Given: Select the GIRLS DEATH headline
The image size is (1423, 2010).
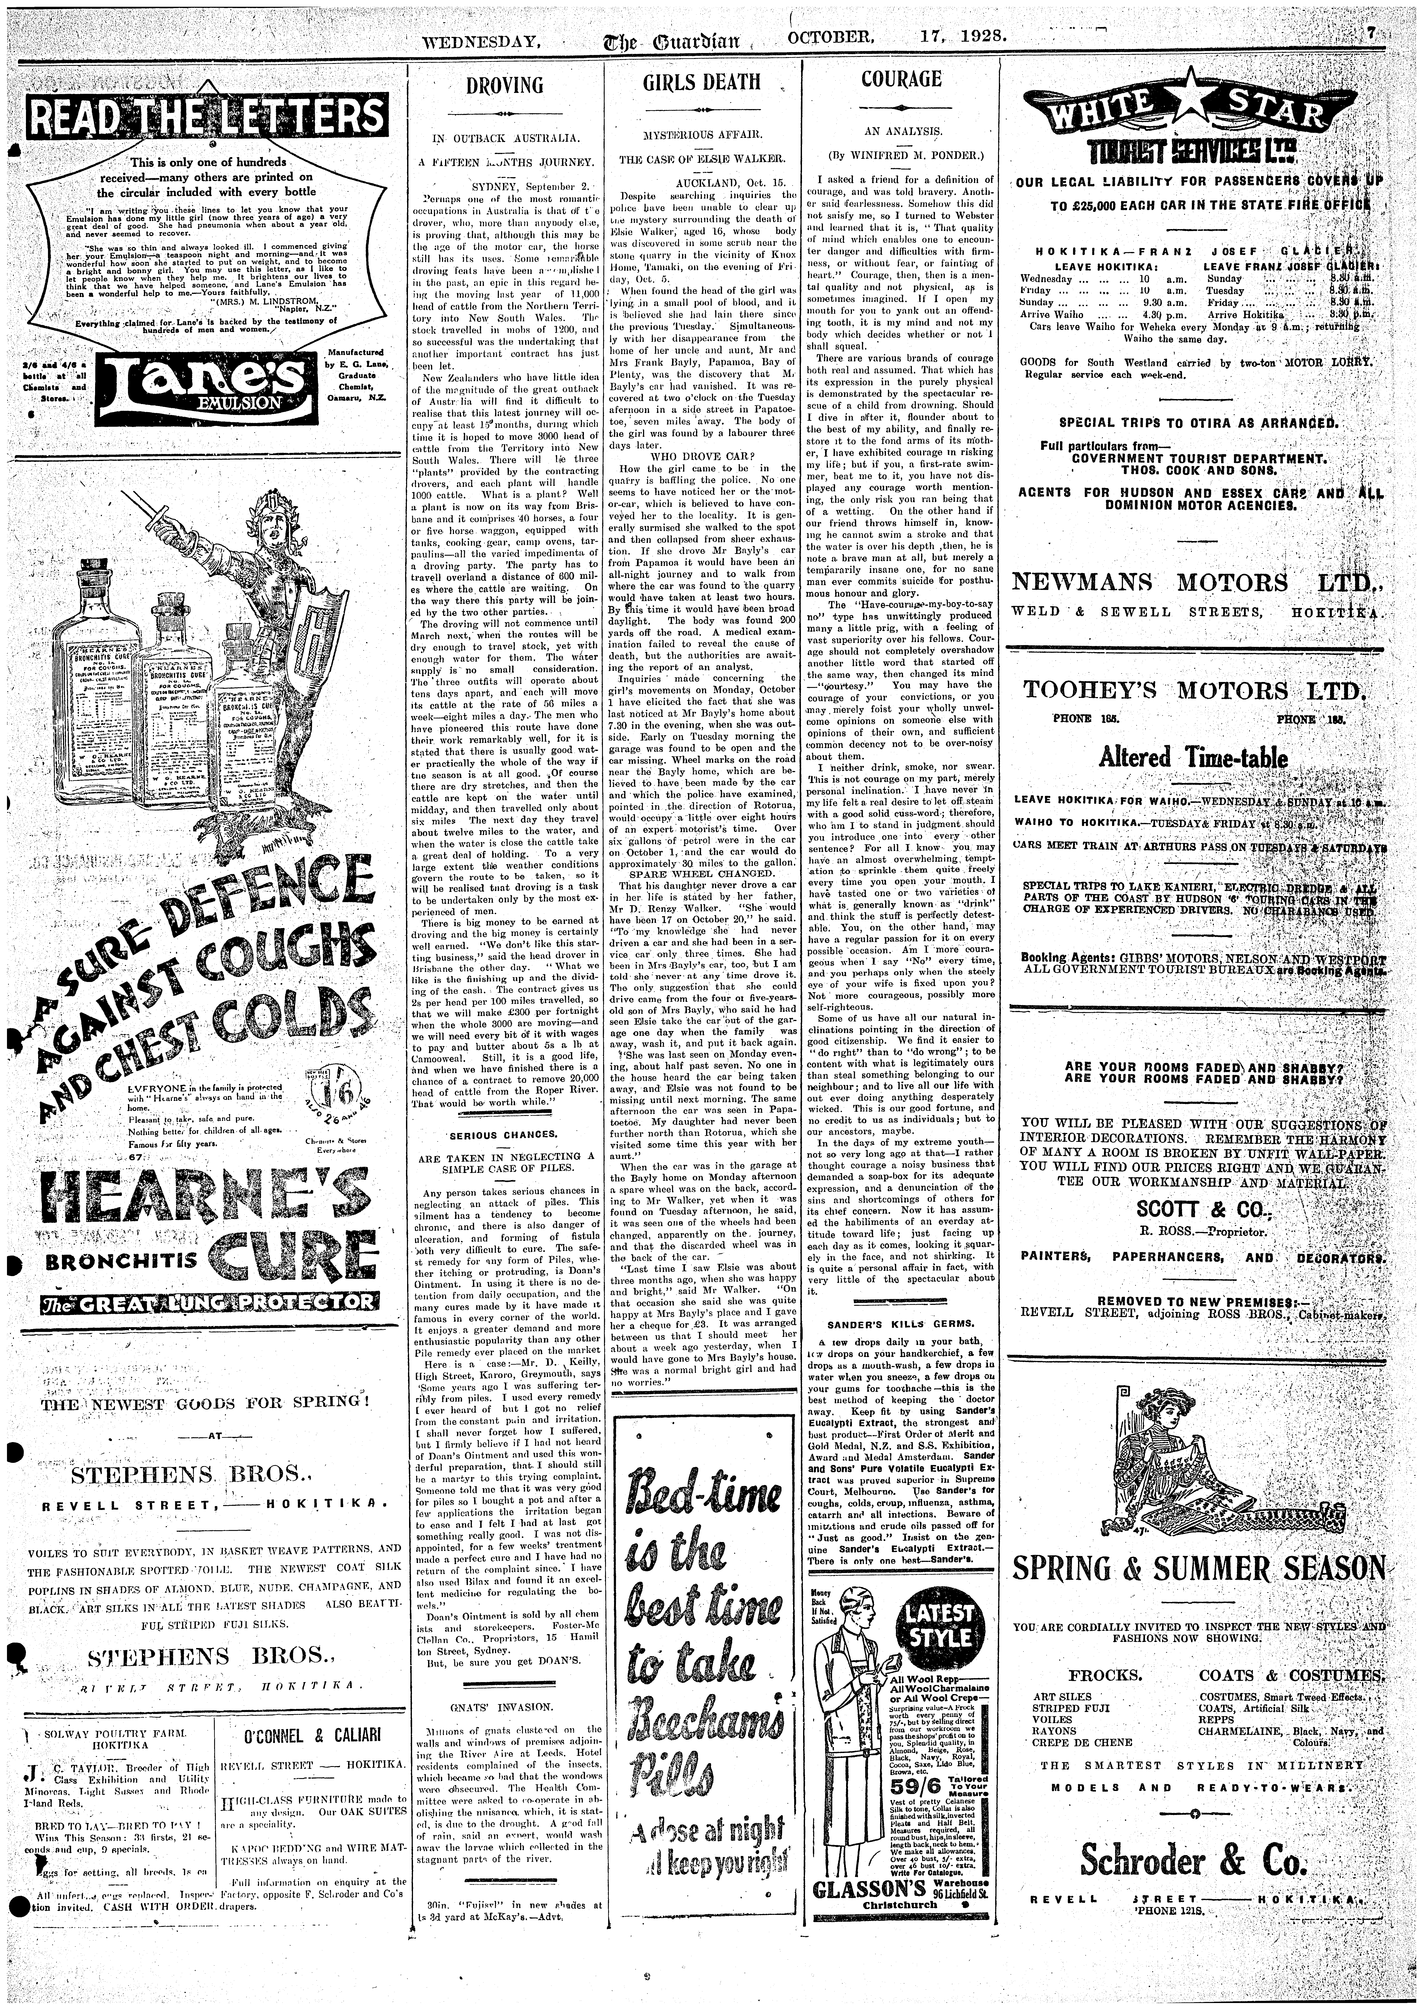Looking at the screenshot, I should point(701,82).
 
